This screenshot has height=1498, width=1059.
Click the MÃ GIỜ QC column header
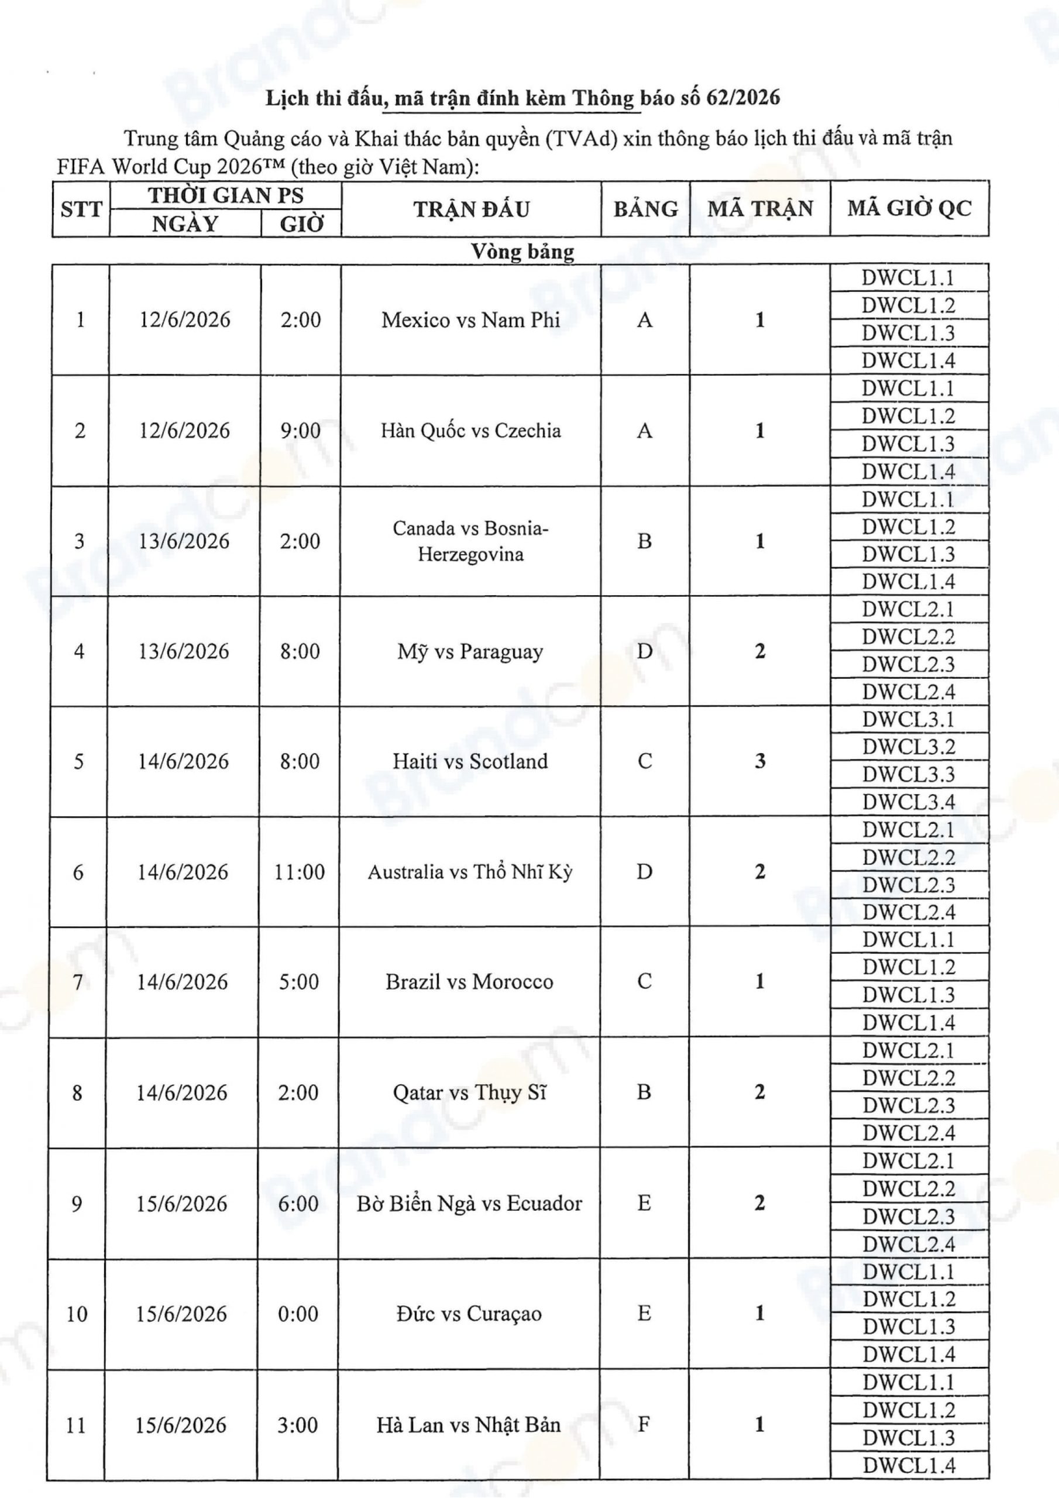tap(909, 209)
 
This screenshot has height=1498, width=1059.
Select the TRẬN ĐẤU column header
tap(471, 209)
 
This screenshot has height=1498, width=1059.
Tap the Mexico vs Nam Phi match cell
tap(470, 319)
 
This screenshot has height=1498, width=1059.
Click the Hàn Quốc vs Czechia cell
tap(470, 431)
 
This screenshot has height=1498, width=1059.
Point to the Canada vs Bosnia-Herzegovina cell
tap(470, 541)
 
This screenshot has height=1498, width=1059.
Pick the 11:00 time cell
tap(300, 872)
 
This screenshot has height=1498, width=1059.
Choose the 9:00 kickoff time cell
tap(300, 431)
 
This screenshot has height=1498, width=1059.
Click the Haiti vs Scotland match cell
tap(470, 761)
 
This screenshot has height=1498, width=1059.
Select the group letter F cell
tap(644, 1424)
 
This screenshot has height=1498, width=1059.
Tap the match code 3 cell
tap(759, 761)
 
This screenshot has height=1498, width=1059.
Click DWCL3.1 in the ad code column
tap(908, 719)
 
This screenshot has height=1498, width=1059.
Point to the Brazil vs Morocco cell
tap(469, 982)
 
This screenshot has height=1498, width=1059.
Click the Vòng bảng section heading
tap(522, 251)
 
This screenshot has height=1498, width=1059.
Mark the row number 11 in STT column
tap(75, 1424)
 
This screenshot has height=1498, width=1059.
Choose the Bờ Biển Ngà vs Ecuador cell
tap(469, 1203)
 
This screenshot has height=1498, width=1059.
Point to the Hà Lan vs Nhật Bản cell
tap(469, 1424)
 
